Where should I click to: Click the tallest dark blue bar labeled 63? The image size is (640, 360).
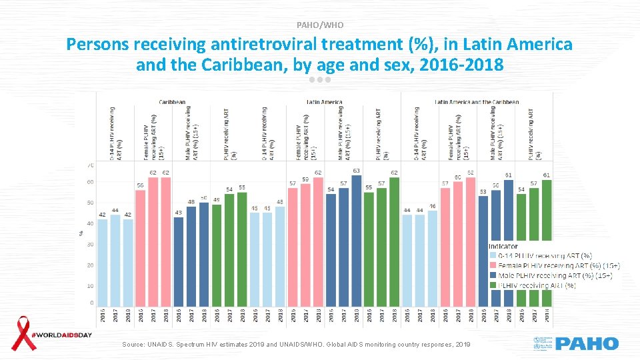coord(357,240)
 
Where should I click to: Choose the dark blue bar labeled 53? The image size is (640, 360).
coord(483,251)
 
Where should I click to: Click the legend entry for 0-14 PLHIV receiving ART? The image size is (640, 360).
coord(540,255)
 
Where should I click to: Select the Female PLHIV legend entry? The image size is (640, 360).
coord(553,265)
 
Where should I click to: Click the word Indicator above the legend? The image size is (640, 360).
coord(503,245)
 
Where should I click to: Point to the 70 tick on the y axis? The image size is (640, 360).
coord(90,165)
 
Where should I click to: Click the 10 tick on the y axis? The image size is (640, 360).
coord(90,285)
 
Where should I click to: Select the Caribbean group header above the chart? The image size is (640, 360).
coord(173,102)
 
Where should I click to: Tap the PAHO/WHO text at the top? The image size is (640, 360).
coord(321,25)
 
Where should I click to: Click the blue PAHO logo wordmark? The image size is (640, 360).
coord(587,344)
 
